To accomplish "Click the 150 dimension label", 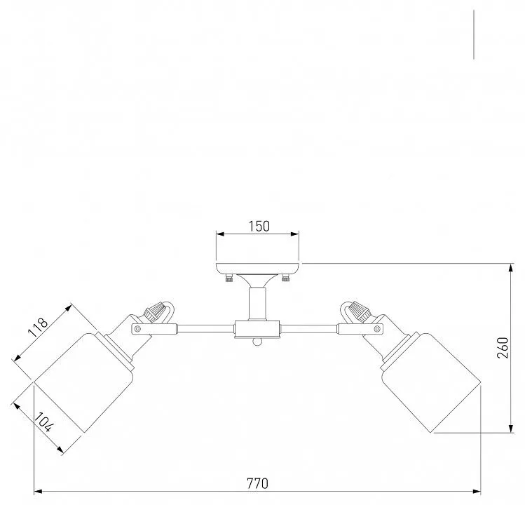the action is pyautogui.click(x=259, y=226).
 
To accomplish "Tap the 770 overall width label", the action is pyautogui.click(x=257, y=483).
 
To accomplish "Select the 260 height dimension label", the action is pyautogui.click(x=503, y=348).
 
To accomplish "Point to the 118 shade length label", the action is pyautogui.click(x=38, y=328).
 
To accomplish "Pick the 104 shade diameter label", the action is pyautogui.click(x=44, y=422).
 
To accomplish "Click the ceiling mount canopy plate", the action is pyautogui.click(x=257, y=269).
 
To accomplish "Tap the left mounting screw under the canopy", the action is pyautogui.click(x=229, y=278).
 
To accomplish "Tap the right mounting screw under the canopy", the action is pyautogui.click(x=285, y=278).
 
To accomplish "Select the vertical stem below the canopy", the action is pyautogui.click(x=257, y=303).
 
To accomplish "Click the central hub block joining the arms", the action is pyautogui.click(x=257, y=329).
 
